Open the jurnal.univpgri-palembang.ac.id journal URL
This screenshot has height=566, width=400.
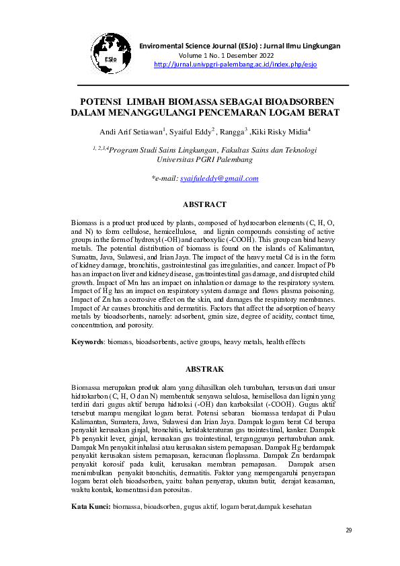[235, 64]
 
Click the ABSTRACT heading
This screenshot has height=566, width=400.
[204, 204]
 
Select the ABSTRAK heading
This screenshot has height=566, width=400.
[204, 369]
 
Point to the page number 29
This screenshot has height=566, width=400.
[348, 530]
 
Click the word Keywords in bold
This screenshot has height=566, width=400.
[87, 342]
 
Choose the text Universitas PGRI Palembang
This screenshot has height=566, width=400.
[204, 161]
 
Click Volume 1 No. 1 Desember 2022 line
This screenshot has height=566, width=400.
[227, 55]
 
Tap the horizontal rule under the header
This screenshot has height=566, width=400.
[213, 86]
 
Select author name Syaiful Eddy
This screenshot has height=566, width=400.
[192, 132]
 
